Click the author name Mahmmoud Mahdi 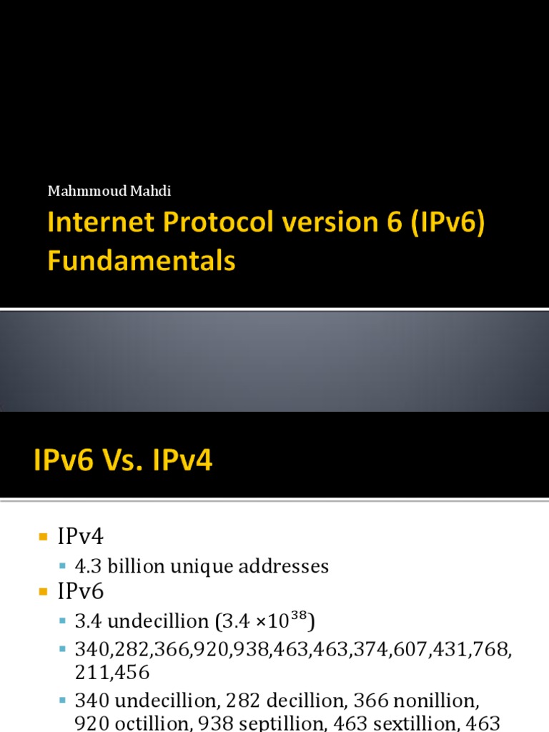109,191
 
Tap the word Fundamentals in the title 142,260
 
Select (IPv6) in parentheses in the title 448,222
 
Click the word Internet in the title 101,222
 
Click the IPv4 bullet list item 80,536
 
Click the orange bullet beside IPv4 44,537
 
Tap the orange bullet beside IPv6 44,592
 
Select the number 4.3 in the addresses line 88,566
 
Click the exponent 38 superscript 299,615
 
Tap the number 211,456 112,673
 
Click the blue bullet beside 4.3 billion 63,567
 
